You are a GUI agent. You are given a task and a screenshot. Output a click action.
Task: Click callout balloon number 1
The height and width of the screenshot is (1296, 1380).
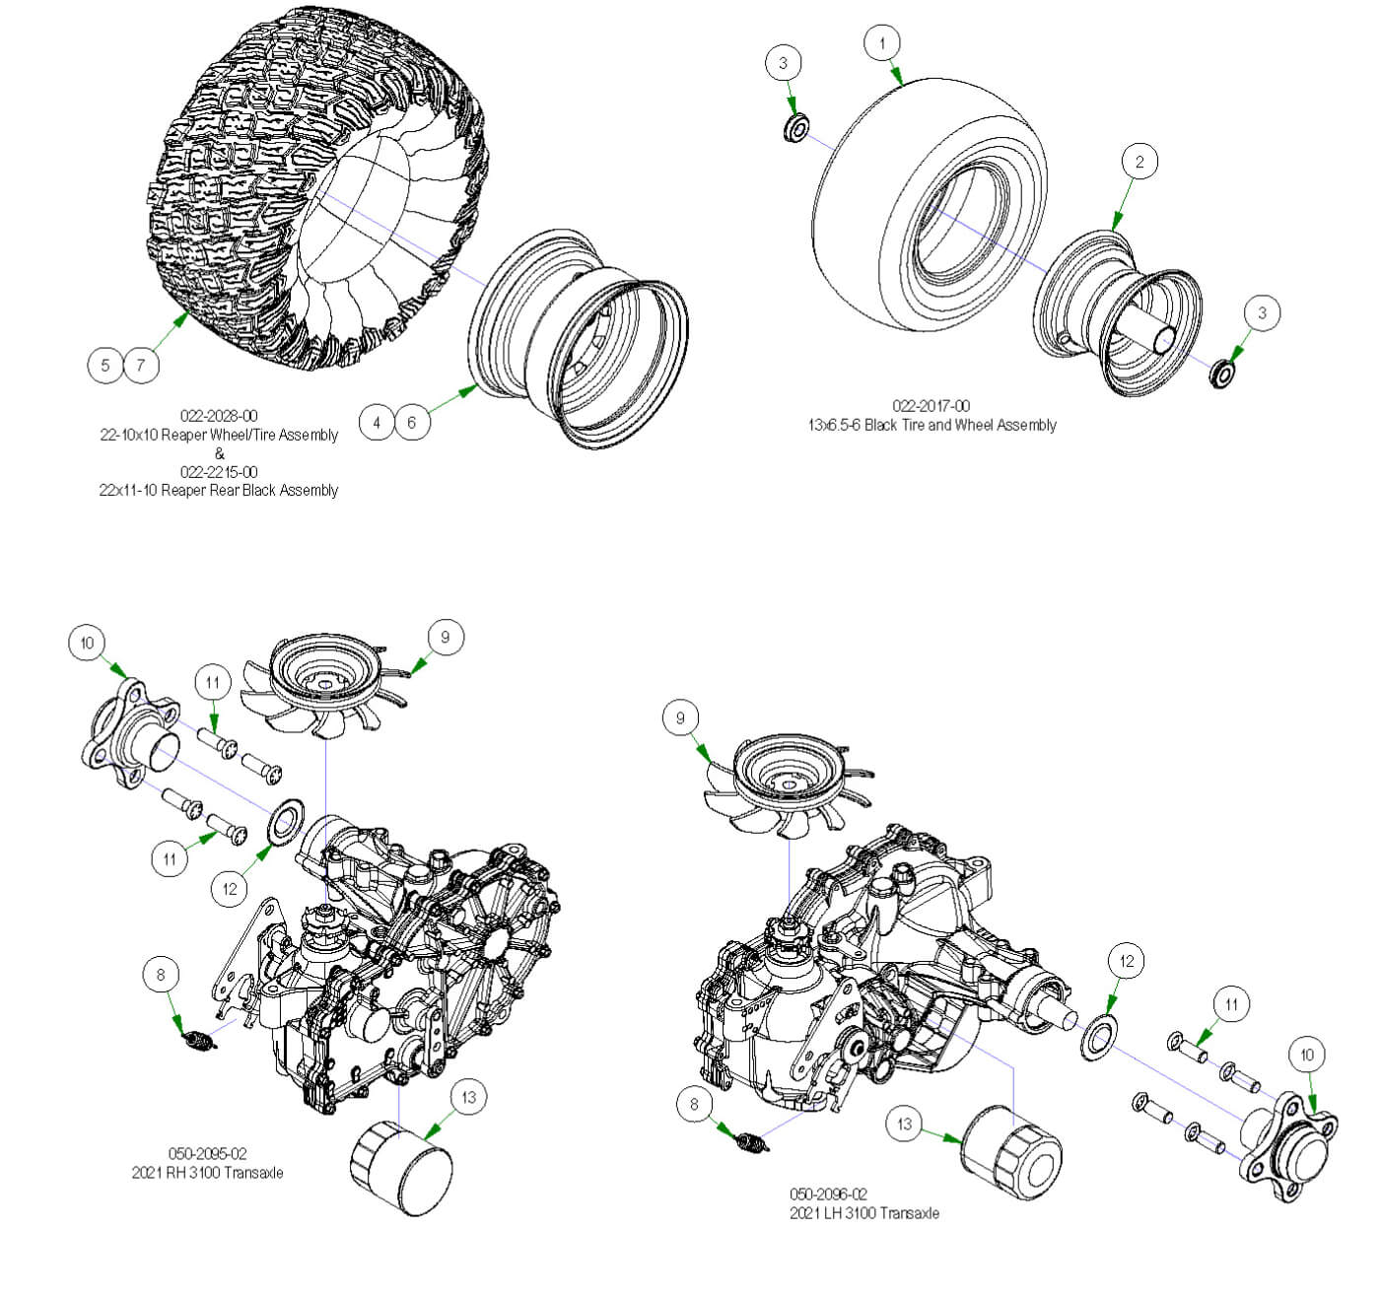[881, 43]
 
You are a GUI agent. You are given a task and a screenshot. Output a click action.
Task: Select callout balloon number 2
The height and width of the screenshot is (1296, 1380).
[1139, 162]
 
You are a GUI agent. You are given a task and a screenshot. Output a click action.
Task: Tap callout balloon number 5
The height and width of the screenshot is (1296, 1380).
[105, 366]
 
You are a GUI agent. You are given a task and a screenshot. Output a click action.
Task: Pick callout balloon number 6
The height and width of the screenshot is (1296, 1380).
[412, 423]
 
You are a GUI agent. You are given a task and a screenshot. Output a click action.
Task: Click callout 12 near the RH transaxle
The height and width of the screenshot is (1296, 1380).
[230, 889]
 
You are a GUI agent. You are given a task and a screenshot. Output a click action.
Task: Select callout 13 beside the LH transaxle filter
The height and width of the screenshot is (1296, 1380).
[905, 1124]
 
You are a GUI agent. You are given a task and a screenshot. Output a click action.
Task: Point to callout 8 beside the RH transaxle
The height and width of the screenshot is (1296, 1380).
[161, 976]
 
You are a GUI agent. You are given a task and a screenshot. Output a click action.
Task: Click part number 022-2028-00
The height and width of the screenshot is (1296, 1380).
[218, 416]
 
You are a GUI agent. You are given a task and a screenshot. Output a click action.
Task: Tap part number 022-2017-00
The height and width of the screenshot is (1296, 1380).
[931, 406]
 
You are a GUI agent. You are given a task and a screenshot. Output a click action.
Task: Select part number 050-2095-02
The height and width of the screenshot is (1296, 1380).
[207, 1153]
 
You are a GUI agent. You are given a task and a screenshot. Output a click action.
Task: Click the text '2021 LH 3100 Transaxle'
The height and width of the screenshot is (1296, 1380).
[863, 1213]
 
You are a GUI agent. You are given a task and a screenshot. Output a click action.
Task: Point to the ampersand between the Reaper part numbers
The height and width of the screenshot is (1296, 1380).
[219, 453]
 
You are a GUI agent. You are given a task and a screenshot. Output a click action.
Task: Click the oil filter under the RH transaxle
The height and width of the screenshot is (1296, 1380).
[401, 1170]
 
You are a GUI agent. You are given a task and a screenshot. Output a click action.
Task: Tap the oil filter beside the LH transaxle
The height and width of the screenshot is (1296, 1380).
[1010, 1153]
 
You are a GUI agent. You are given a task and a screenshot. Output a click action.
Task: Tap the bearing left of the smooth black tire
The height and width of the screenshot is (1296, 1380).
[795, 128]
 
